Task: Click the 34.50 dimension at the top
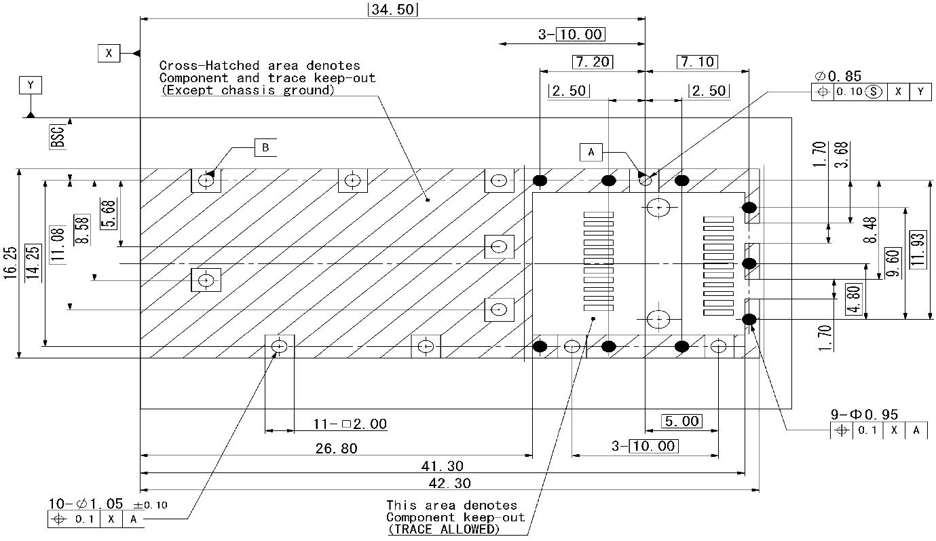pyautogui.click(x=392, y=10)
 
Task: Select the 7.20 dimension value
pyautogui.click(x=592, y=62)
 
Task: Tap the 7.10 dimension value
pyautogui.click(x=697, y=62)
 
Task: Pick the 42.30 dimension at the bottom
pyautogui.click(x=449, y=483)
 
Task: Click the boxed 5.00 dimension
pyautogui.click(x=681, y=422)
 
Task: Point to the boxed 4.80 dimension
pyautogui.click(x=853, y=299)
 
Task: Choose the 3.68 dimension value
pyautogui.click(x=842, y=155)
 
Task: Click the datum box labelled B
pyautogui.click(x=265, y=147)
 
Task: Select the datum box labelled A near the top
pyautogui.click(x=591, y=153)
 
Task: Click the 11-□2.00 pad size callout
pyautogui.click(x=350, y=424)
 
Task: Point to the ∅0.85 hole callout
pyautogui.click(x=838, y=77)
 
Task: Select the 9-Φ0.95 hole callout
pyautogui.click(x=863, y=415)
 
